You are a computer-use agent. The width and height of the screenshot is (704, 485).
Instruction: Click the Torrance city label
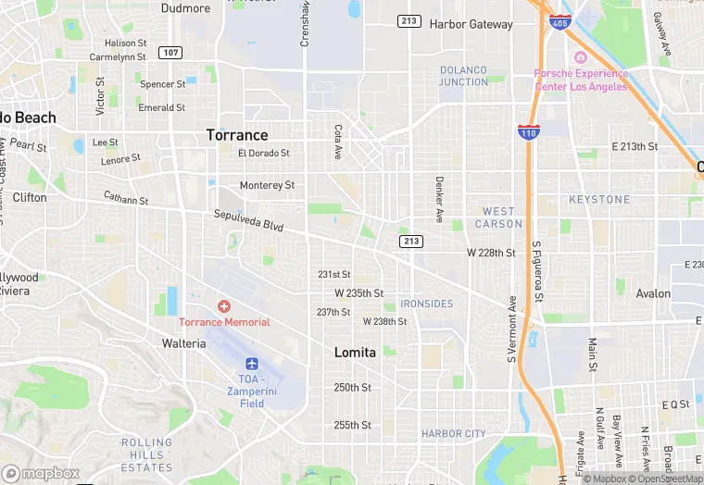click(x=237, y=135)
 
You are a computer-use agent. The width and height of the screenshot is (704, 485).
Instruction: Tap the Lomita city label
click(x=355, y=353)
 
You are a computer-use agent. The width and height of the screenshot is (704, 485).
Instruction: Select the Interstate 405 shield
click(x=559, y=22)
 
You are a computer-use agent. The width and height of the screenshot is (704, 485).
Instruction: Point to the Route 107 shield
click(x=169, y=52)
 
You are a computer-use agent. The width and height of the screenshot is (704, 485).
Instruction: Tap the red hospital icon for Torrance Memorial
click(x=224, y=305)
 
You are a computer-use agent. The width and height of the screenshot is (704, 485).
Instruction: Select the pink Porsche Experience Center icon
click(x=581, y=57)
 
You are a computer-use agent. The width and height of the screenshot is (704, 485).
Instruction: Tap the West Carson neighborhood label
click(x=498, y=218)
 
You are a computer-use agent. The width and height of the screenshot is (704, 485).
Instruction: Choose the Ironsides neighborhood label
click(x=426, y=304)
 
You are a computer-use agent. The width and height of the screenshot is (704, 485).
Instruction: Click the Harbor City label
click(x=453, y=433)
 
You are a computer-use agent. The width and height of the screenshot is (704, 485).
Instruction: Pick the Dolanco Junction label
click(x=463, y=76)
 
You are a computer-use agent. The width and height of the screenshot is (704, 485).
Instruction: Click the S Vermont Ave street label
click(x=511, y=329)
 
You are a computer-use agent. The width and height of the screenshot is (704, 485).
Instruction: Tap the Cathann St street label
click(x=126, y=199)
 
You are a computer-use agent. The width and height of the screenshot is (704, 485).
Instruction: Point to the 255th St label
click(x=352, y=425)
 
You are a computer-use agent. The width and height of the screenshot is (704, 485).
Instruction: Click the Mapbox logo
click(x=41, y=472)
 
